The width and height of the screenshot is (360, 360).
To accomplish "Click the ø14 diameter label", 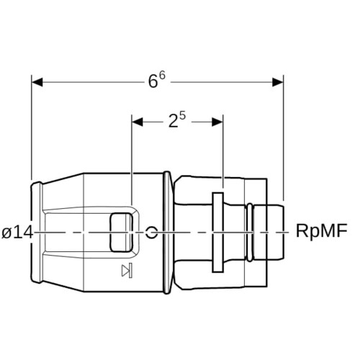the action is click(x=17, y=233).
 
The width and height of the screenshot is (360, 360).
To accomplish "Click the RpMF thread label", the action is click(x=322, y=230).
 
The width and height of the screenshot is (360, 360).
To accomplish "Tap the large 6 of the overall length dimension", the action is click(x=153, y=81).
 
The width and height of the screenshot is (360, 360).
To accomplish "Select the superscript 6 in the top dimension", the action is click(x=162, y=76).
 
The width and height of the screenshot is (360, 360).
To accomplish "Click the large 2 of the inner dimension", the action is click(x=174, y=121).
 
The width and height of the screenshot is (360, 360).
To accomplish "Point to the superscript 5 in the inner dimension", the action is click(x=183, y=116).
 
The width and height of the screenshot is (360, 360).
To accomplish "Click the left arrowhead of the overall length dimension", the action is click(x=37, y=82).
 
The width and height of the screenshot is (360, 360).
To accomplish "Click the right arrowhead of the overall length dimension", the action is click(x=278, y=82).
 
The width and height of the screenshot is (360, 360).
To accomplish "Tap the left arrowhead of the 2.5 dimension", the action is click(x=138, y=122).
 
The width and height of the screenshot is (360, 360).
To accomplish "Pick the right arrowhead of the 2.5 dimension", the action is click(x=217, y=122).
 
